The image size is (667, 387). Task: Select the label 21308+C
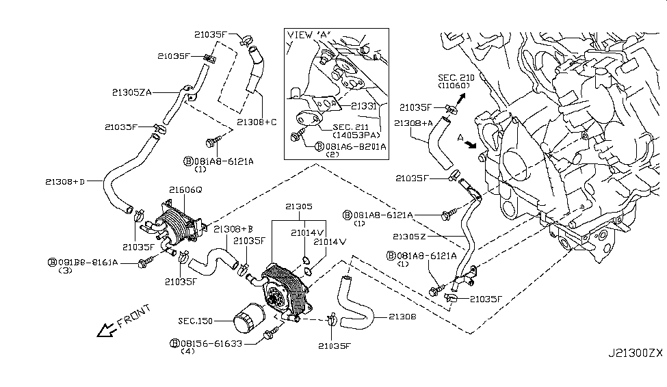pos(257,122)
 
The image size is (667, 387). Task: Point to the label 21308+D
pos(67,181)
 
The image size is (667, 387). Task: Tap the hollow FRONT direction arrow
pos(107,330)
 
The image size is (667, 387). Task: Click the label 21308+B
pos(233,228)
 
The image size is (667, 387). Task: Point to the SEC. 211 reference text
pos(351,127)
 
